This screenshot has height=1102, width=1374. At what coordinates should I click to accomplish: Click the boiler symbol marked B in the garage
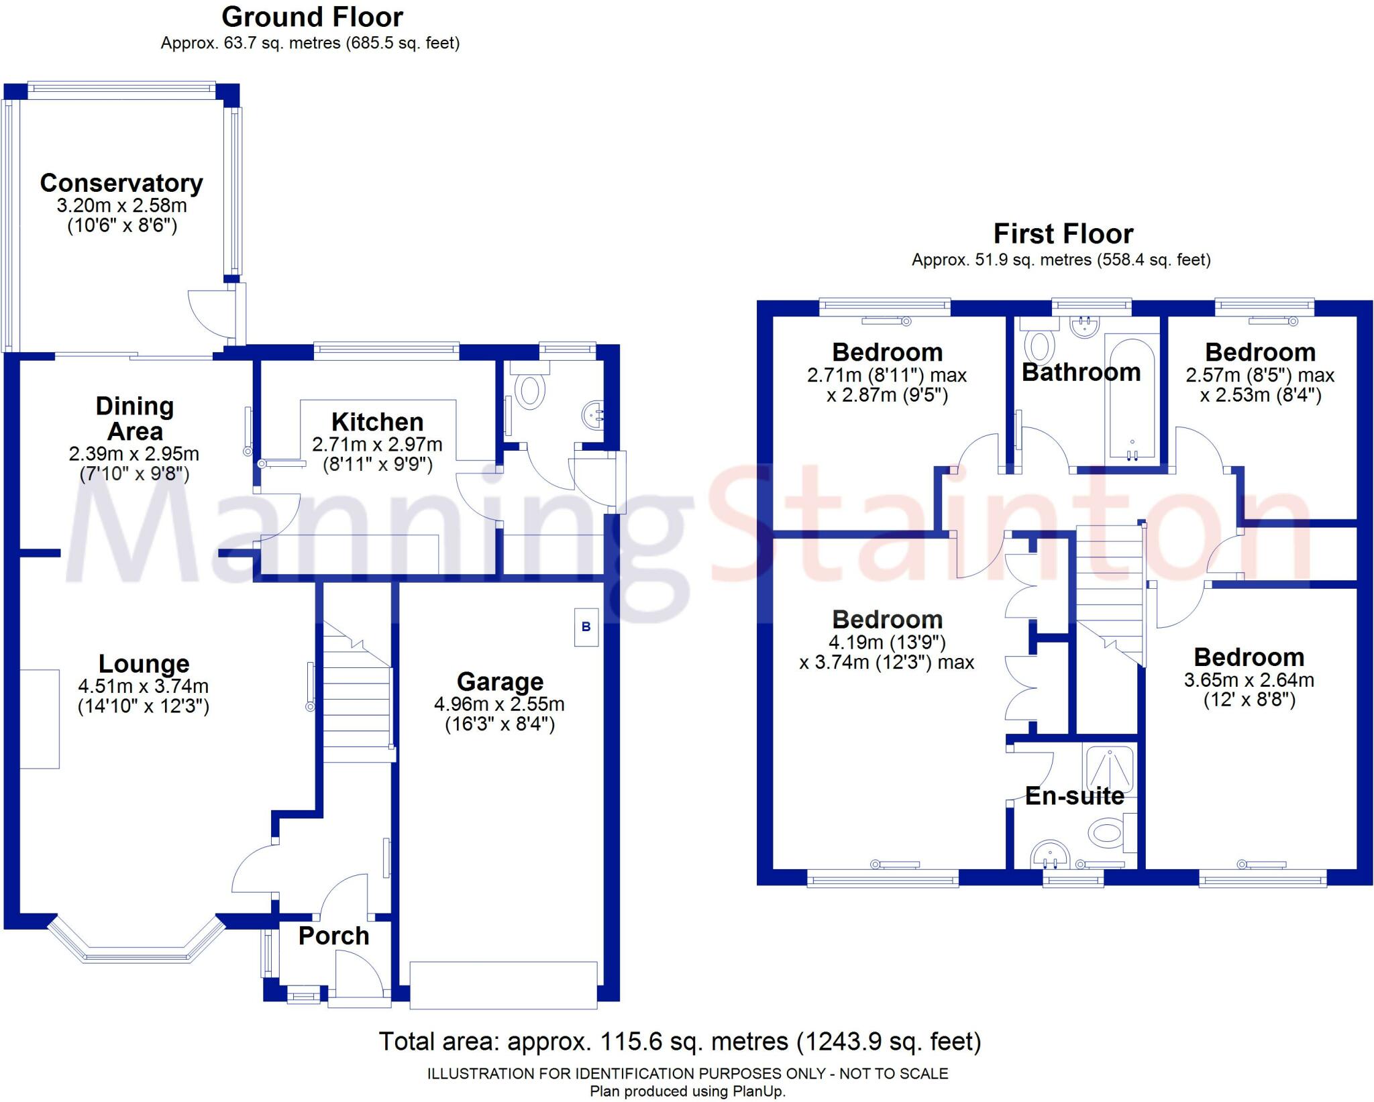coord(586,627)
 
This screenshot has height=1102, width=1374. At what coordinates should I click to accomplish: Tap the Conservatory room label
coord(121,183)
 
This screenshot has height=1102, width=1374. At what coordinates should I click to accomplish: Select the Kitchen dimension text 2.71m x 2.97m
coord(377,444)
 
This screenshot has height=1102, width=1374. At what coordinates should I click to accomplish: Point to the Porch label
coord(333,936)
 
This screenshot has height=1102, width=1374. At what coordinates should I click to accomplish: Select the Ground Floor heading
coord(312,17)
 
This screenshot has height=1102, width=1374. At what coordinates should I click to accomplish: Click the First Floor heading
coord(1063,234)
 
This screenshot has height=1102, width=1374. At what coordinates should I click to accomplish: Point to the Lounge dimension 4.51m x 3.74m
coord(144,686)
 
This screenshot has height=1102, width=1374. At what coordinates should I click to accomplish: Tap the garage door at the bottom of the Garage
coord(503,985)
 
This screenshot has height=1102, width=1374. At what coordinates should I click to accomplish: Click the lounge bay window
coord(136,947)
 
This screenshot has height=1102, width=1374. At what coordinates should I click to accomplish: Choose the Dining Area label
coord(135,419)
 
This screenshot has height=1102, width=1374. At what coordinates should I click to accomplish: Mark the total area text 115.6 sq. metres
coord(680,1042)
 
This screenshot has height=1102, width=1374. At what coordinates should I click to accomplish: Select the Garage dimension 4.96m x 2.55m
coord(499,704)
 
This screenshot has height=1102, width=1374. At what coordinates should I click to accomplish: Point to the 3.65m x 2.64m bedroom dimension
coord(1249,680)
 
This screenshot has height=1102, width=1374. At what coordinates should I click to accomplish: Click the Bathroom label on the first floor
coord(1081,372)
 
